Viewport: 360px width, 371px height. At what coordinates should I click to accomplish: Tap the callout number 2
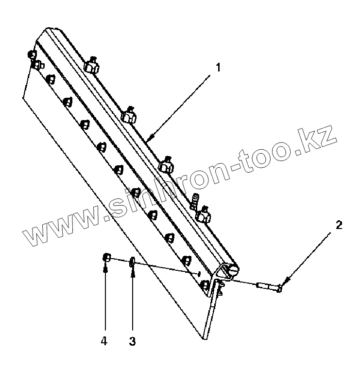pyautogui.click(x=339, y=225)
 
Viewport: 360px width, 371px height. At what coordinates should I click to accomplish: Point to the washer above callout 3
pyautogui.click(x=132, y=264)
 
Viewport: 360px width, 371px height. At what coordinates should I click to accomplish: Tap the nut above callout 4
pyautogui.click(x=106, y=258)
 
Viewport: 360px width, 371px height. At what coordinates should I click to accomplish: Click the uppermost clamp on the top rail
pyautogui.click(x=91, y=66)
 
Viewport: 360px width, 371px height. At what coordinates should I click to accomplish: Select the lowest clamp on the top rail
pyautogui.click(x=203, y=213)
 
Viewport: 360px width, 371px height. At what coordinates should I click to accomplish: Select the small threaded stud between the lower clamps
pyautogui.click(x=196, y=199)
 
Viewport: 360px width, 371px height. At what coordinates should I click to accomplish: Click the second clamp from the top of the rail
pyautogui.click(x=128, y=115)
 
